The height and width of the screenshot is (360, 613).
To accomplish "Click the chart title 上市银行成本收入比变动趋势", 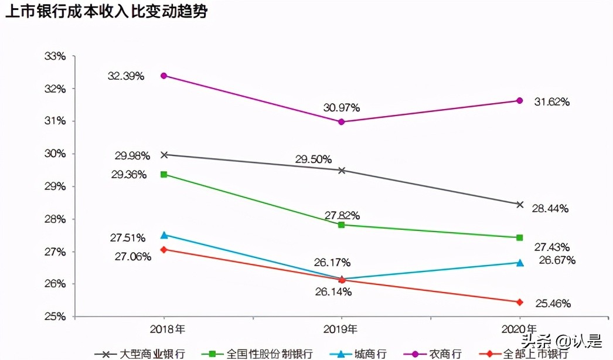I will coord(106,12).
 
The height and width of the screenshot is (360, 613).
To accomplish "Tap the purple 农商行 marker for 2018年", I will coord(164,76).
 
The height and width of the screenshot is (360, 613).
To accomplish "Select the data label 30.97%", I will coord(341,108).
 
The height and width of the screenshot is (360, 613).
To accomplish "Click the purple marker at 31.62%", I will coord(519,100).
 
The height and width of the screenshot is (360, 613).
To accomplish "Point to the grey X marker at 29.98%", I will coord(164,155).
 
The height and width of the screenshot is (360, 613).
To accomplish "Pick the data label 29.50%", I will coord(314,159).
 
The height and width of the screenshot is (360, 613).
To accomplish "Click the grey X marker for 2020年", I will coord(519,204).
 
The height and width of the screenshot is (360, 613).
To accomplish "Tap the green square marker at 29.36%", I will coord(164,174).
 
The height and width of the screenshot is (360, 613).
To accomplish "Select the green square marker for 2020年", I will coord(519,237).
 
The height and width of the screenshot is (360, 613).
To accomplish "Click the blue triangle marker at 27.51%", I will coord(164,235).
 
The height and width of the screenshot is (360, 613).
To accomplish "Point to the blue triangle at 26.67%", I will coord(519,263).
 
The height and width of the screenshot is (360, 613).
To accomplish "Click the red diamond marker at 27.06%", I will coord(164,249).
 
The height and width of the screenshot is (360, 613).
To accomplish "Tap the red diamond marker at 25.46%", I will coord(519,302).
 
